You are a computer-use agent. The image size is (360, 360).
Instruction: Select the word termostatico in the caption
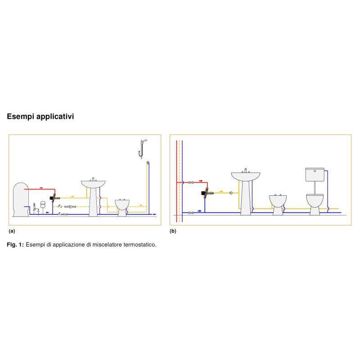coord(140,245)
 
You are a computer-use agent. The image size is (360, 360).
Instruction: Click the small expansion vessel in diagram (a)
coord(43,203)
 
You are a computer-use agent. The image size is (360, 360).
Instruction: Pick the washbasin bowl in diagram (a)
coord(93,184)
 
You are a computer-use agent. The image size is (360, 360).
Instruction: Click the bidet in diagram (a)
coord(122,205)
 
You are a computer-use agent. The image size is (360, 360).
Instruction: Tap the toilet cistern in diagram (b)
coord(314,175)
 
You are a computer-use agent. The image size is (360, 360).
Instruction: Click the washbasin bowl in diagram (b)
coord(246,176)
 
